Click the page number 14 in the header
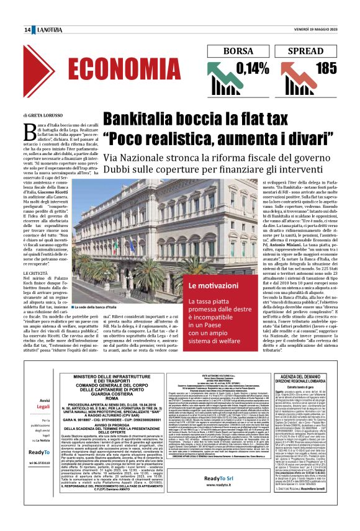tap(27, 30)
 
